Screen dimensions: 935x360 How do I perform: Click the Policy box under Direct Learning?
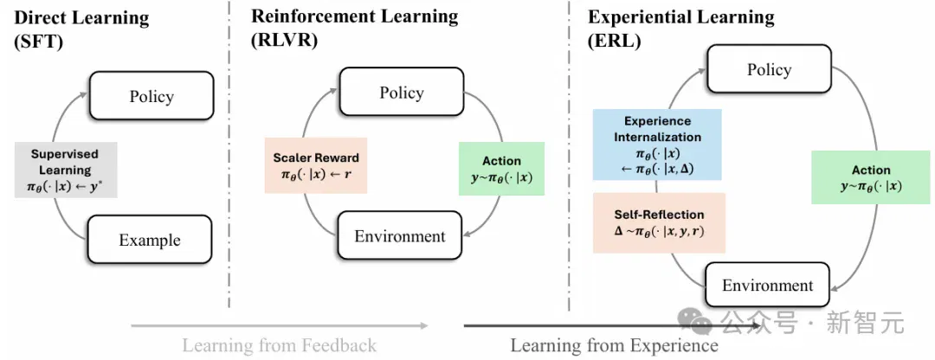coord(152,96)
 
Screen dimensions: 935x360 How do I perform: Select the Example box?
coord(150,240)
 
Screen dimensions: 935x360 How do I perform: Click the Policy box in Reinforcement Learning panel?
coord(402,92)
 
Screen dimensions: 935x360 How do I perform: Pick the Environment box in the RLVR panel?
coord(399,235)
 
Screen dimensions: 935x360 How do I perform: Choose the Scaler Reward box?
coord(315,165)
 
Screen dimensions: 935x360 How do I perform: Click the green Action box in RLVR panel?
coord(501,168)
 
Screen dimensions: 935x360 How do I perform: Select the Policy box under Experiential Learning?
coord(770,69)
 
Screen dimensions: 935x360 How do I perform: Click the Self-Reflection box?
coord(659,222)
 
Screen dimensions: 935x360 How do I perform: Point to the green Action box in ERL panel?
coord(871,177)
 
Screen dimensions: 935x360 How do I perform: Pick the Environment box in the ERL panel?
coord(767,285)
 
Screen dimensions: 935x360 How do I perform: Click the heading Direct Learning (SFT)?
coord(81,29)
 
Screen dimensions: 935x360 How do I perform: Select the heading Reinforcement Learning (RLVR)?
coord(354,28)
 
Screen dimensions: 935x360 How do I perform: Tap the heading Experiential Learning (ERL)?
coord(681,28)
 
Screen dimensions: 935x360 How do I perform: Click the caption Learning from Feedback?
coord(279,344)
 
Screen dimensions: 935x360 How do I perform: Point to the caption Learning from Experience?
coord(614,344)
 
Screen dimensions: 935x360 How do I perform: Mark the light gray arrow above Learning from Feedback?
coord(279,325)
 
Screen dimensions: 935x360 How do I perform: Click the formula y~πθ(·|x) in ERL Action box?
coord(871,185)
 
